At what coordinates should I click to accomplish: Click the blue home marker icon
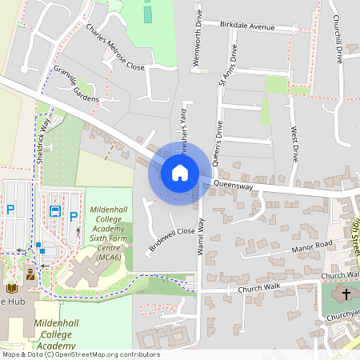[x=179, y=172]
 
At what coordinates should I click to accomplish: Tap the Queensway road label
[x=233, y=186]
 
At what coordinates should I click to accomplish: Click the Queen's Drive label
[x=217, y=139]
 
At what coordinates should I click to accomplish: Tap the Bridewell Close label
[x=171, y=241]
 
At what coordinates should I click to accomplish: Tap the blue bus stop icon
[x=55, y=211]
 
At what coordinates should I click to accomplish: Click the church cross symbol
[x=346, y=294]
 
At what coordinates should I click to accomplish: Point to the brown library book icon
[x=12, y=287]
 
